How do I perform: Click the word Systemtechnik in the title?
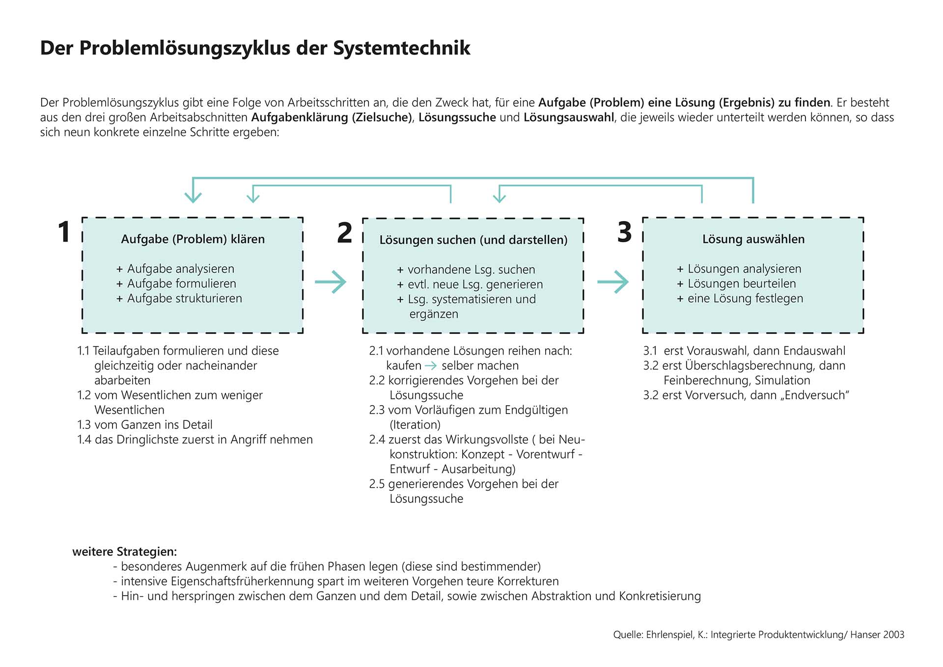click(x=401, y=48)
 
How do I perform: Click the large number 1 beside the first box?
click(x=64, y=232)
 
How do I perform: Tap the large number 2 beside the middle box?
click(x=344, y=233)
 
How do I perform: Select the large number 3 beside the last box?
click(x=624, y=232)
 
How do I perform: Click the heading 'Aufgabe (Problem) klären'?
click(x=193, y=239)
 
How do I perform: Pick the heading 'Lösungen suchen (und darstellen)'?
click(x=473, y=240)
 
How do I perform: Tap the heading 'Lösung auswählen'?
click(x=753, y=239)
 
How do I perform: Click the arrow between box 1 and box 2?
click(x=331, y=282)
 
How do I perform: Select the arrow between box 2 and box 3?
click(x=613, y=282)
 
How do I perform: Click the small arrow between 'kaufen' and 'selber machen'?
click(x=431, y=366)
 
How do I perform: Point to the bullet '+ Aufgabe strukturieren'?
click(x=179, y=299)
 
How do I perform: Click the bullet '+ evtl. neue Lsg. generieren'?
click(x=470, y=284)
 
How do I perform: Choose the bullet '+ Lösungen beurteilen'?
click(x=736, y=283)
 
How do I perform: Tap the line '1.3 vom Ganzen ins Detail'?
click(x=145, y=425)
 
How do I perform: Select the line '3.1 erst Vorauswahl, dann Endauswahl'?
click(x=744, y=351)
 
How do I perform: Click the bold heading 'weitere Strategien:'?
click(x=125, y=552)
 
